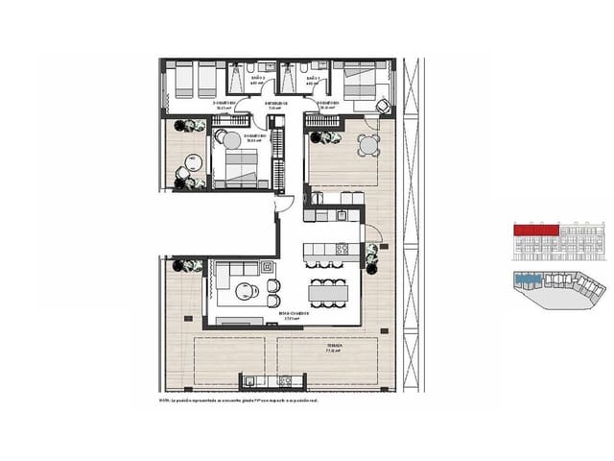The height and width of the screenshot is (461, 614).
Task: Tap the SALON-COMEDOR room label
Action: [x=294, y=314]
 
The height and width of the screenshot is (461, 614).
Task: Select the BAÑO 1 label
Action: [x=312, y=83]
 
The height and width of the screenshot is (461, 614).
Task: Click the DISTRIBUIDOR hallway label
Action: [x=274, y=105]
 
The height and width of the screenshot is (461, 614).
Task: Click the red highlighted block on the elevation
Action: [x=536, y=230]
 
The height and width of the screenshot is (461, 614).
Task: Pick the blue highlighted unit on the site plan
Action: [x=527, y=279]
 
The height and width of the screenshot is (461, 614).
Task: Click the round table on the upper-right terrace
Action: [x=367, y=145]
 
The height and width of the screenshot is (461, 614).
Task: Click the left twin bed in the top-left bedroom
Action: [x=182, y=81]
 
